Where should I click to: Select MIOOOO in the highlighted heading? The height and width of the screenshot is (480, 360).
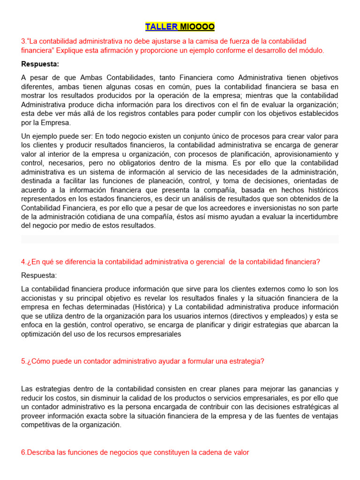click(x=197, y=26)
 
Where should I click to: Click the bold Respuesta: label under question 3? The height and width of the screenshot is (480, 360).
click(x=40, y=64)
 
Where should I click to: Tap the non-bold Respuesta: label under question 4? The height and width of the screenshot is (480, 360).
click(x=39, y=275)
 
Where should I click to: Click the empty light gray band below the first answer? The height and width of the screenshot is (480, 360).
click(x=180, y=239)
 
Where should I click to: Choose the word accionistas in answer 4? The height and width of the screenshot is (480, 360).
click(x=38, y=298)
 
